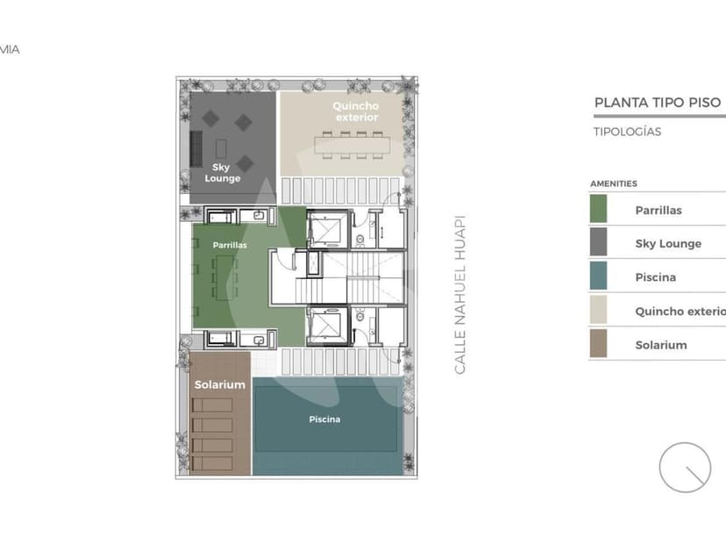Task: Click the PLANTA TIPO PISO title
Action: click(x=657, y=103)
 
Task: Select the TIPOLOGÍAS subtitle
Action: click(x=627, y=133)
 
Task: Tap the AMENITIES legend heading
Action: click(x=613, y=183)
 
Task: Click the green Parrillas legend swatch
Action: click(x=598, y=209)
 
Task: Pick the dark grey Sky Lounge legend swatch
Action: click(x=598, y=243)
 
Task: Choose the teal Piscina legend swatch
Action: click(x=598, y=276)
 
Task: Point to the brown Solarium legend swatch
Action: click(x=598, y=344)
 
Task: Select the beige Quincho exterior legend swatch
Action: click(x=598, y=311)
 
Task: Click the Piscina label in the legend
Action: click(x=655, y=277)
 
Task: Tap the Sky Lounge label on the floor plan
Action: click(x=223, y=172)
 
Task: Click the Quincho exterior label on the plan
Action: click(x=355, y=111)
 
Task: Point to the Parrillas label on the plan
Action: click(x=230, y=246)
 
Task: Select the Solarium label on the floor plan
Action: click(x=219, y=384)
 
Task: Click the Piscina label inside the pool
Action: click(x=324, y=420)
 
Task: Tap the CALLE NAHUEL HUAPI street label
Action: click(x=460, y=295)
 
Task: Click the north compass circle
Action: click(x=685, y=467)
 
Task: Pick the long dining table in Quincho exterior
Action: click(x=349, y=144)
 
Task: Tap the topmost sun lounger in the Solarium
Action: click(x=212, y=405)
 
